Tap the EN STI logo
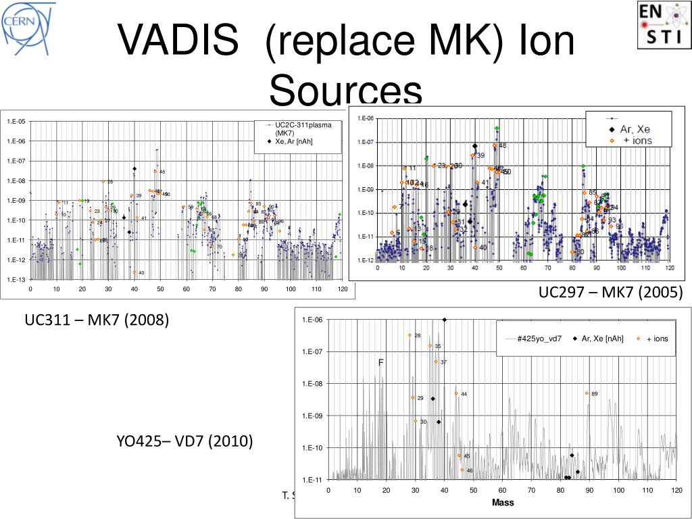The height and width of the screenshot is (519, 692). click(664, 25)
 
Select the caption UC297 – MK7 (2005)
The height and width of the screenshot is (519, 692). click(611, 293)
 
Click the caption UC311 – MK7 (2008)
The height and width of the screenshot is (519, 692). click(97, 319)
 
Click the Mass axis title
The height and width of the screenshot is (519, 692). click(503, 502)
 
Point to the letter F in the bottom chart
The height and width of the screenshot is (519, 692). click(380, 363)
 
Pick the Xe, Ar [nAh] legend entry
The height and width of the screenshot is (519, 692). click(293, 141)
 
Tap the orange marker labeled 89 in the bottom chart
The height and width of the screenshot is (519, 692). click(587, 393)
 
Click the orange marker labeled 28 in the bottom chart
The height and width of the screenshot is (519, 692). click(410, 335)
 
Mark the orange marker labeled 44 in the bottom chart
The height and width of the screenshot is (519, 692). click(455, 393)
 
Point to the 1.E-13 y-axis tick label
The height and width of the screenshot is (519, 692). click(16, 280)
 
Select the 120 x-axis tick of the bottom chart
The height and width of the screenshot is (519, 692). click(676, 491)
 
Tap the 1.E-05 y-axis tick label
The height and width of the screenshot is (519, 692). click(16, 122)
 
